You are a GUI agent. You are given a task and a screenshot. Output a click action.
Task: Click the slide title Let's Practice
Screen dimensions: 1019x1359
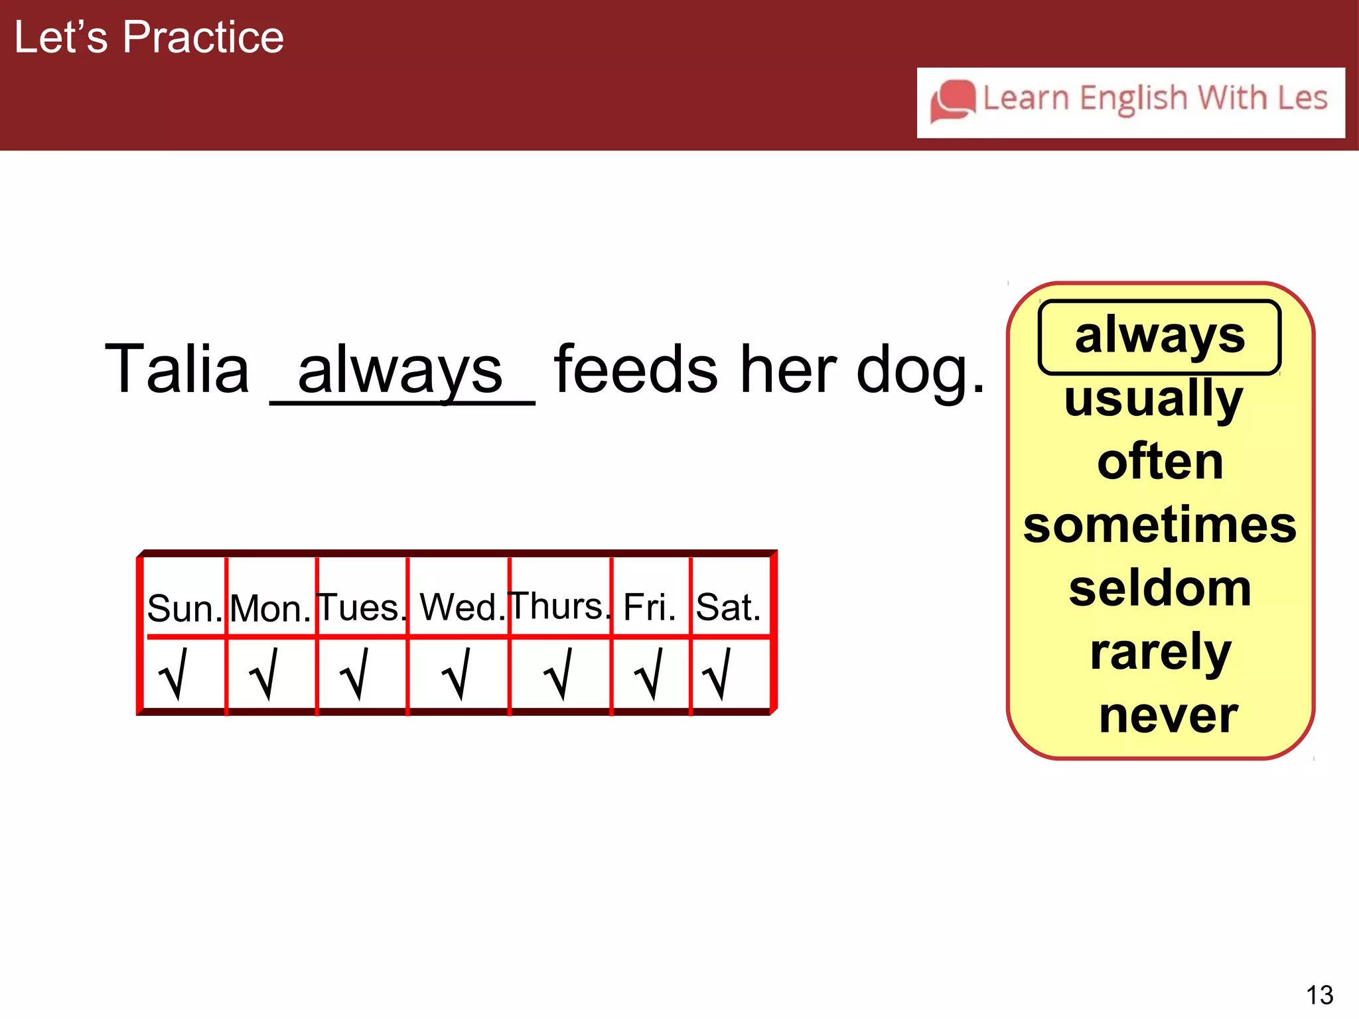pyautogui.click(x=149, y=37)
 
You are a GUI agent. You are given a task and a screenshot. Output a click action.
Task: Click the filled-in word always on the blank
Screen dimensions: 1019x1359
pyautogui.click(x=400, y=370)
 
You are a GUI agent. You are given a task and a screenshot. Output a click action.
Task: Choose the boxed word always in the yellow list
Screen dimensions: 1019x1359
pyautogui.click(x=1159, y=336)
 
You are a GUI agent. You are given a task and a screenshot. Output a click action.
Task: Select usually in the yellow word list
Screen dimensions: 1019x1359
pyautogui.click(x=1153, y=399)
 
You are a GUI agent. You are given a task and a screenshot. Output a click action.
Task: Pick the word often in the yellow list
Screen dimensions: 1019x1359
pyautogui.click(x=1160, y=462)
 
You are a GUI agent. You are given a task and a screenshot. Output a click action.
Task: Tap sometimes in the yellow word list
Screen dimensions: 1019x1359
pyautogui.click(x=1159, y=525)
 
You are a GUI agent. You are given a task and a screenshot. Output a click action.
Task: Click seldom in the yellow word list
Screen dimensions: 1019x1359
pyautogui.click(x=1160, y=588)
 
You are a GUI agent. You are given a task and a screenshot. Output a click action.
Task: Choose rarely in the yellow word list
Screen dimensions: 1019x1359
pyautogui.click(x=1160, y=653)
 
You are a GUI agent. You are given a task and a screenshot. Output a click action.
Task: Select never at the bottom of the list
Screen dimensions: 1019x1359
pyautogui.click(x=1168, y=716)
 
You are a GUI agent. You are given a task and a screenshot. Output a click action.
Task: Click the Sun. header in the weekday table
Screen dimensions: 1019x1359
pyautogui.click(x=184, y=608)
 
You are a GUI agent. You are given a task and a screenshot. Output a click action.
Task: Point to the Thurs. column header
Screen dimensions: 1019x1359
pyautogui.click(x=559, y=606)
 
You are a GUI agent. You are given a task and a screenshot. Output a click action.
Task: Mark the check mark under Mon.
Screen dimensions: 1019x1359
pyautogui.click(x=264, y=674)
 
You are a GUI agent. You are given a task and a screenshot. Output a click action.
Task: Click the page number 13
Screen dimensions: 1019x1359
pyautogui.click(x=1319, y=995)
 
